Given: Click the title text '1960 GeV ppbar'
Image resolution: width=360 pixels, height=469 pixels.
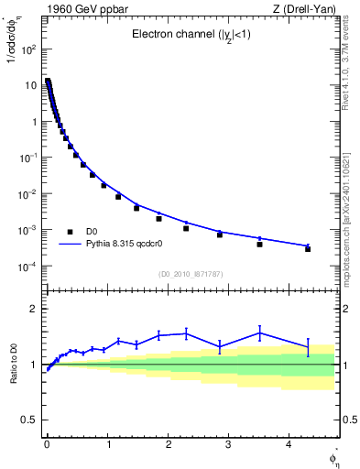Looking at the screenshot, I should pos(80,9).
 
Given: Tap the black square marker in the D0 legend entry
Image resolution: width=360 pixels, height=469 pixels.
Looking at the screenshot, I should pos(70,232).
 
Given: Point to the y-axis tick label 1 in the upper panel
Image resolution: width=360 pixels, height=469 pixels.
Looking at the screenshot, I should pos(35,122).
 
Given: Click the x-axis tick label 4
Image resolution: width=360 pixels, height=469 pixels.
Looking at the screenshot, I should pos(289,443).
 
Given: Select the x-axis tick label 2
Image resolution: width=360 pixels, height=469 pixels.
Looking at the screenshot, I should pos(168,443).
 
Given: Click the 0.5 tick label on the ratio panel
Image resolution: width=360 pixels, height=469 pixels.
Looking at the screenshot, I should pos(30,420).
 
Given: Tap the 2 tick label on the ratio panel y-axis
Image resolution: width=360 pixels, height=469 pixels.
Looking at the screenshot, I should pos(35,310).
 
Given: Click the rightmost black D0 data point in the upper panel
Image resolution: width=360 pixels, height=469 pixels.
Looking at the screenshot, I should pos(308,249).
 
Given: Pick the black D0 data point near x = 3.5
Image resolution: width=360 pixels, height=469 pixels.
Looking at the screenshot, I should pos(260,245).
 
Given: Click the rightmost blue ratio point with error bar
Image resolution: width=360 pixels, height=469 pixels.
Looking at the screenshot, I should pos(308,346).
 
